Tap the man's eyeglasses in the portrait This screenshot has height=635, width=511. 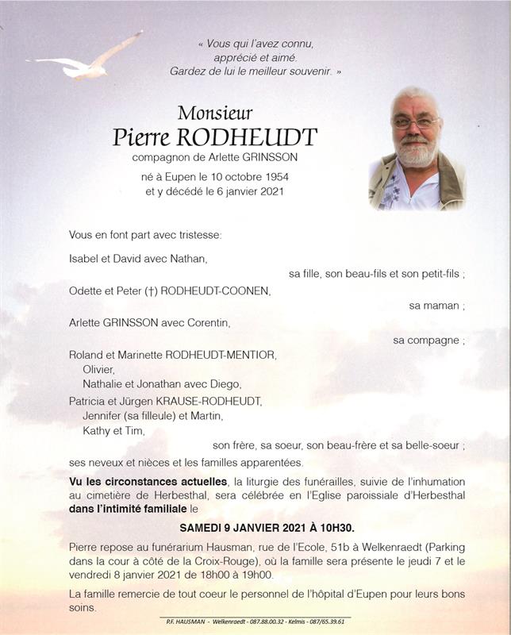416,123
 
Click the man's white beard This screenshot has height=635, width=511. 416,152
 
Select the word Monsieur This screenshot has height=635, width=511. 215,113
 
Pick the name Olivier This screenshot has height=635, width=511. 98,369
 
